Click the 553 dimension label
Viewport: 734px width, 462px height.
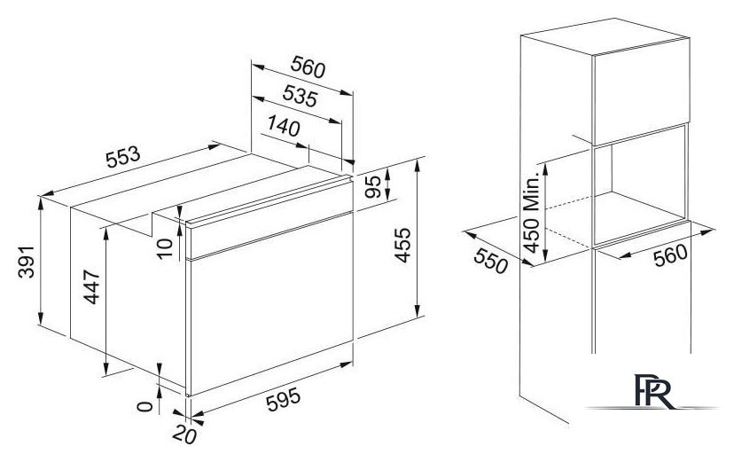(123, 157)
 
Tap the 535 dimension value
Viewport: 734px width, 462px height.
(301, 96)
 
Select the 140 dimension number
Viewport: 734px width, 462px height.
(284, 125)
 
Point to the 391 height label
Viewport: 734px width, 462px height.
(27, 262)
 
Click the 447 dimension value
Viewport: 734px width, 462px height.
(92, 287)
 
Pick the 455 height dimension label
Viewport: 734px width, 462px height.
(402, 246)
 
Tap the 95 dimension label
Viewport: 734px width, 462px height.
(373, 187)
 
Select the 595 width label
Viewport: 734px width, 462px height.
(283, 401)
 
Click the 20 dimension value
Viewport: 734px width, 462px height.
(184, 435)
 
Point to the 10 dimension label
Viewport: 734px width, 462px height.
(165, 248)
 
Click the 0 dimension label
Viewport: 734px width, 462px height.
(145, 406)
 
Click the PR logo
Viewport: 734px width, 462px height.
(655, 392)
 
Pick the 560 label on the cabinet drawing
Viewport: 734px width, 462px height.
(671, 255)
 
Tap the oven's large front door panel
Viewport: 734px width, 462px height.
(270, 303)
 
